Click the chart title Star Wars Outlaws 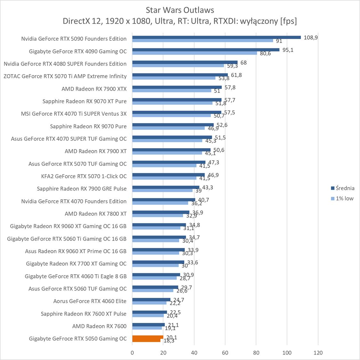(180, 10)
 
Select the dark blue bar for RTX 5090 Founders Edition (216, 37)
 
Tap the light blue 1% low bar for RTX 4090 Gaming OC (195, 53)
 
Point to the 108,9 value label (311, 37)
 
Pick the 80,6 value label (265, 53)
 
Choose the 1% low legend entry (344, 198)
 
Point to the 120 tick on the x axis (318, 353)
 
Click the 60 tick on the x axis (225, 353)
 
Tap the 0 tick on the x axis (132, 353)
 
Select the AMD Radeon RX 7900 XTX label (94, 89)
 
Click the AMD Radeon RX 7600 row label (99, 326)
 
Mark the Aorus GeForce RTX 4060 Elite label (90, 301)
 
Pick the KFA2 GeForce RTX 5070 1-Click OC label (84, 176)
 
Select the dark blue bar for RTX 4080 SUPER (185, 62)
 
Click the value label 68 (244, 63)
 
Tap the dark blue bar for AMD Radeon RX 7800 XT (161, 212)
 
